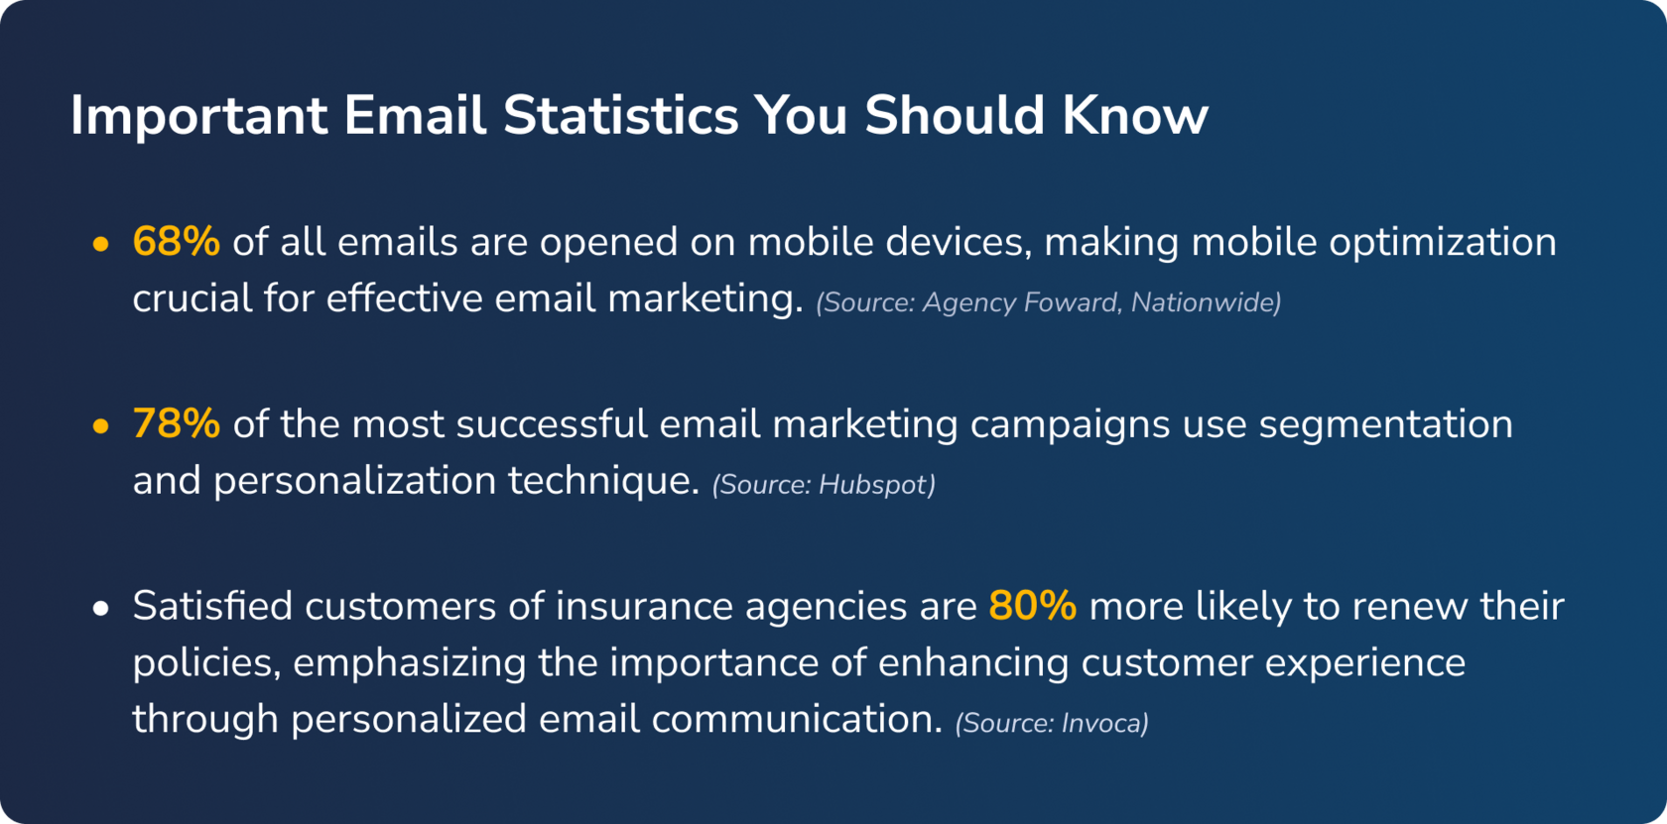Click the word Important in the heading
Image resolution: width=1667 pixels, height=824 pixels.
pyautogui.click(x=199, y=117)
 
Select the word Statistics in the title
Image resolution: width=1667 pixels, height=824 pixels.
pyautogui.click(x=621, y=115)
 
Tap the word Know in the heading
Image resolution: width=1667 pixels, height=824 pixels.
pyautogui.click(x=1135, y=115)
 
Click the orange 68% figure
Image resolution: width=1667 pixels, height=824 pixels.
pyautogui.click(x=177, y=242)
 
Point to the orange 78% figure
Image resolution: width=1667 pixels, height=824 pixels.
pyautogui.click(x=177, y=424)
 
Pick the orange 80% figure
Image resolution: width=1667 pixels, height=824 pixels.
pyautogui.click(x=1032, y=605)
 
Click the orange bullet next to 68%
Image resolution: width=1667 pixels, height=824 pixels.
pyautogui.click(x=101, y=244)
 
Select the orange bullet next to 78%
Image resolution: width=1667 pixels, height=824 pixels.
pyautogui.click(x=101, y=426)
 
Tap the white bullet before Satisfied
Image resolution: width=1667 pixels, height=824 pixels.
pyautogui.click(x=101, y=609)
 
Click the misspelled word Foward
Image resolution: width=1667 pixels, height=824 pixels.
pyautogui.click(x=1072, y=302)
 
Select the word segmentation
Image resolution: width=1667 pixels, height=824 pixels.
pyautogui.click(x=1385, y=425)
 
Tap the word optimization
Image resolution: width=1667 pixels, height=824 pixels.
pyautogui.click(x=1443, y=243)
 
